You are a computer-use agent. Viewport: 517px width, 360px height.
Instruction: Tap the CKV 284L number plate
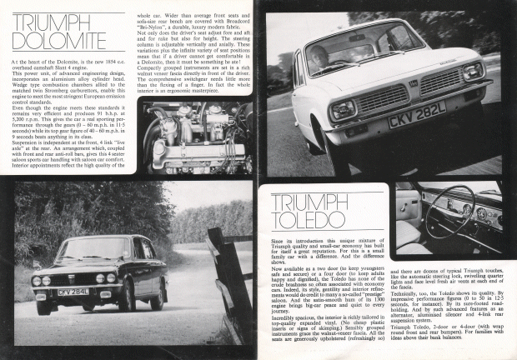pos(73,292)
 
